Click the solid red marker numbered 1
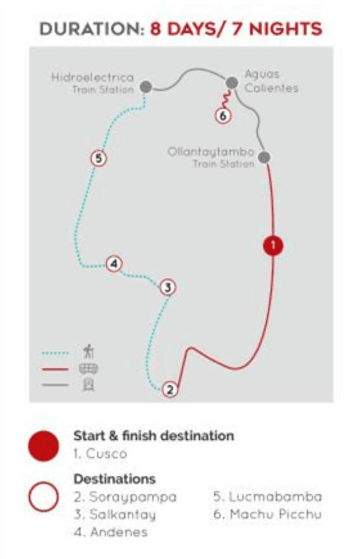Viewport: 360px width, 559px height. pyautogui.click(x=273, y=246)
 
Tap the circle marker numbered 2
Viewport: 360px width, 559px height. pyautogui.click(x=170, y=389)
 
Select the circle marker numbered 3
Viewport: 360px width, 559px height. pyautogui.click(x=168, y=287)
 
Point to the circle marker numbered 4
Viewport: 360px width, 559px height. pyautogui.click(x=114, y=264)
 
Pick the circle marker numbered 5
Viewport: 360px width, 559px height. pyautogui.click(x=99, y=158)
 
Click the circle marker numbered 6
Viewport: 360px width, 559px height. pyautogui.click(x=223, y=116)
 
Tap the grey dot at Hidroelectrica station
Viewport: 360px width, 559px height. pyautogui.click(x=146, y=86)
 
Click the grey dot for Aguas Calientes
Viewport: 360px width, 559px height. pyautogui.click(x=232, y=83)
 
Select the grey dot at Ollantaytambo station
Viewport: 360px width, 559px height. pyautogui.click(x=264, y=157)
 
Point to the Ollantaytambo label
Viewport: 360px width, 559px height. pyautogui.click(x=211, y=152)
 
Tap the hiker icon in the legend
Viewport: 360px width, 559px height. pyautogui.click(x=88, y=351)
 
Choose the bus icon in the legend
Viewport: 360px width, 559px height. pyautogui.click(x=88, y=369)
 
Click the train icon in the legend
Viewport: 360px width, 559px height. pyautogui.click(x=88, y=385)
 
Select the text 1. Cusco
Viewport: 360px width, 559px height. pyautogui.click(x=100, y=454)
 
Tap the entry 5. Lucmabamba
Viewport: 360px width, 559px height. pyautogui.click(x=267, y=497)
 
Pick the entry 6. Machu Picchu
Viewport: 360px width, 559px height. pyautogui.click(x=267, y=514)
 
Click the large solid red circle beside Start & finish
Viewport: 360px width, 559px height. pyautogui.click(x=44, y=446)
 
